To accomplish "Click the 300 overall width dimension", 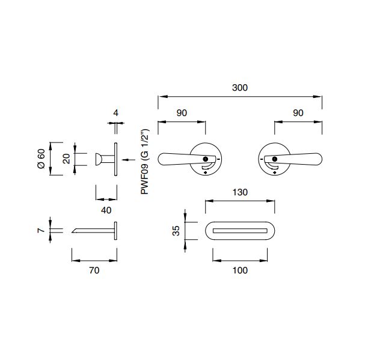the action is tap(240, 88).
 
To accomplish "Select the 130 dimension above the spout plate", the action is tap(240, 192).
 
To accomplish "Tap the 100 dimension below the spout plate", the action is tap(240, 270).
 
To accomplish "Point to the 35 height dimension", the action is tap(176, 231).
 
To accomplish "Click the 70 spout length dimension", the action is tap(94, 270).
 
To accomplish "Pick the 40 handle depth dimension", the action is tap(106, 210).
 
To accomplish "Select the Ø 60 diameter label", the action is tap(41, 159).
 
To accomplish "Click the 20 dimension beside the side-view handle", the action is tap(66, 159).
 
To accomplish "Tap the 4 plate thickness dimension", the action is tap(115, 113).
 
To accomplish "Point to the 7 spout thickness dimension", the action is tap(41, 230).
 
